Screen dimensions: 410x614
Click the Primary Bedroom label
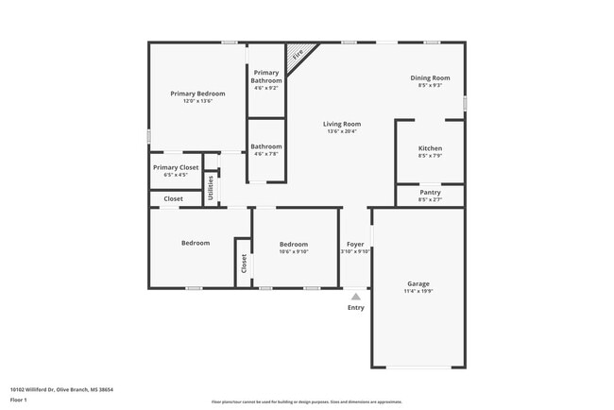(197, 94)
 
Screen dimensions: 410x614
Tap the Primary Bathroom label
(265, 77)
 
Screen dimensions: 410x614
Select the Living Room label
(342, 124)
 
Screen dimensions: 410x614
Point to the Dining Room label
(430, 77)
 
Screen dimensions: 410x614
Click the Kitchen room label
(430, 148)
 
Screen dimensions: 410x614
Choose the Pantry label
(430, 192)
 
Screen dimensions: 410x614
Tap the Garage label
(418, 283)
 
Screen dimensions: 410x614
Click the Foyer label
(355, 244)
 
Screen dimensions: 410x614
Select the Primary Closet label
(176, 167)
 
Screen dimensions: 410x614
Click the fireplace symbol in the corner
(298, 55)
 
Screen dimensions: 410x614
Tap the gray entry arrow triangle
(355, 296)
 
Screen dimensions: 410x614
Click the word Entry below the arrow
(355, 307)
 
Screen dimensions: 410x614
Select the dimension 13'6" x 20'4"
(342, 131)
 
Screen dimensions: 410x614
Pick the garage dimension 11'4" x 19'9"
(418, 291)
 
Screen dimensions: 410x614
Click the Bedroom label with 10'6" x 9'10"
(294, 244)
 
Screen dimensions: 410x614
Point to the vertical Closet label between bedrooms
(244, 264)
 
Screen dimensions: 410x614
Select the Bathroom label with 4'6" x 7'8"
(265, 146)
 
